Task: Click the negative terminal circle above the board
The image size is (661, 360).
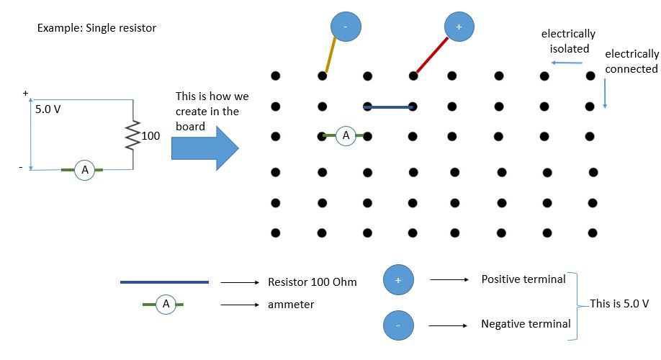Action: (x=345, y=27)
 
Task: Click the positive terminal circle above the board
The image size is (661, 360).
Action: (x=459, y=27)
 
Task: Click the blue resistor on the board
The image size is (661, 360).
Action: (x=388, y=107)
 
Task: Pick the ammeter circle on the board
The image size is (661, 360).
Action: (x=346, y=135)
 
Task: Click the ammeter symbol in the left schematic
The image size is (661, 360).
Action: (x=84, y=170)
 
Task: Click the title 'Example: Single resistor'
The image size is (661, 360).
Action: (x=96, y=28)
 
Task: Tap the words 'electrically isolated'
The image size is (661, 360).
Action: (x=568, y=42)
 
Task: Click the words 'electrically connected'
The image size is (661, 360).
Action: (x=631, y=61)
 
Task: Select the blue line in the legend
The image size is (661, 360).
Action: (x=164, y=282)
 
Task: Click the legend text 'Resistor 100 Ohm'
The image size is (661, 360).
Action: (x=311, y=282)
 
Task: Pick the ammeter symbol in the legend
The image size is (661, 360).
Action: (x=166, y=305)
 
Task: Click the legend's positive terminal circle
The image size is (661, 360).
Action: (x=399, y=279)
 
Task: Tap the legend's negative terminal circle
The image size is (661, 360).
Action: (x=399, y=325)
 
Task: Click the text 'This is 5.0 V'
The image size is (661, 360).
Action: (x=619, y=303)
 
